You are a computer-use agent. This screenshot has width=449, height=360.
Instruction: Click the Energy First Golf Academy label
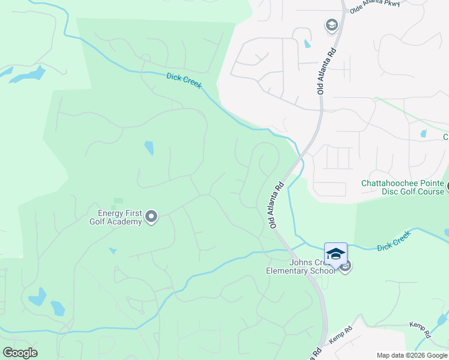tap(115, 217)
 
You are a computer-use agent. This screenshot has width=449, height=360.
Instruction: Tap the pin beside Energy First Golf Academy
tap(151, 217)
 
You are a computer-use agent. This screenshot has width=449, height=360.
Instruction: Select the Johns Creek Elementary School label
tap(301, 266)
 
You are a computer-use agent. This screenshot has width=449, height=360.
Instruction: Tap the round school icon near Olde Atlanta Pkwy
tap(331, 25)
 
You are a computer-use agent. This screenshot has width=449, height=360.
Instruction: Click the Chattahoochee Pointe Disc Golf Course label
tap(402, 188)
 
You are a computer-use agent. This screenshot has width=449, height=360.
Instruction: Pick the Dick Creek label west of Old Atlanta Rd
tap(184, 81)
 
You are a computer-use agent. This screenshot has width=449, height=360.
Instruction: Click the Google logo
tap(20, 353)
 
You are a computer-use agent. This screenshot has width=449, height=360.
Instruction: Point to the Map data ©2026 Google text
tap(412, 355)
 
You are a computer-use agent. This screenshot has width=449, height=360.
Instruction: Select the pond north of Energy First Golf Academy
tap(148, 148)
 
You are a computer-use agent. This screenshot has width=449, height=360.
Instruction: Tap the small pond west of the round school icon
tap(308, 43)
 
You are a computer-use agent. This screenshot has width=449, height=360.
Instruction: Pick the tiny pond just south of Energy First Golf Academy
tap(112, 251)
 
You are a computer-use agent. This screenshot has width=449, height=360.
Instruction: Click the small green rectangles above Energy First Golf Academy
tap(118, 203)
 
